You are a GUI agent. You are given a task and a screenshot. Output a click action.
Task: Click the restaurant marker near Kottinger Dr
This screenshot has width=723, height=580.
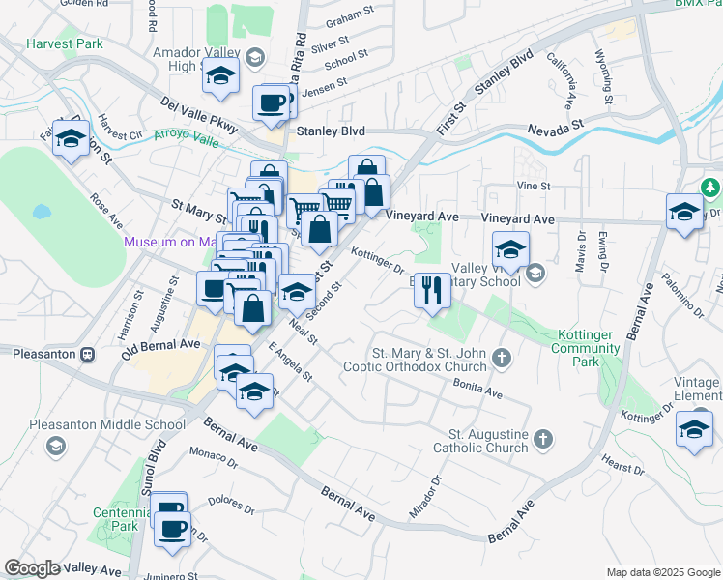pos(432,289)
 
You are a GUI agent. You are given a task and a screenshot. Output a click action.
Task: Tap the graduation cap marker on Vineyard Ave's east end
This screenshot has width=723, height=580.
pos(684,212)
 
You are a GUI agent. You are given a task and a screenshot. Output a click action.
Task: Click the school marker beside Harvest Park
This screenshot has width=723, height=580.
pos(72,138)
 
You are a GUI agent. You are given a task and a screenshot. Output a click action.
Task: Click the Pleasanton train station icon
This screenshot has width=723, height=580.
pos(87,353)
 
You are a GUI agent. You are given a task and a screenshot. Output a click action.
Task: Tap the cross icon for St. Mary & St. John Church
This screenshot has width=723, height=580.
pos(501,359)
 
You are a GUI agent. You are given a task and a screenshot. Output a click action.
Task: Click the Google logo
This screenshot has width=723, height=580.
pos(33,567)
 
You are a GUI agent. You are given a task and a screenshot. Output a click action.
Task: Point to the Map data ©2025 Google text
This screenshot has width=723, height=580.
pos(662,572)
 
